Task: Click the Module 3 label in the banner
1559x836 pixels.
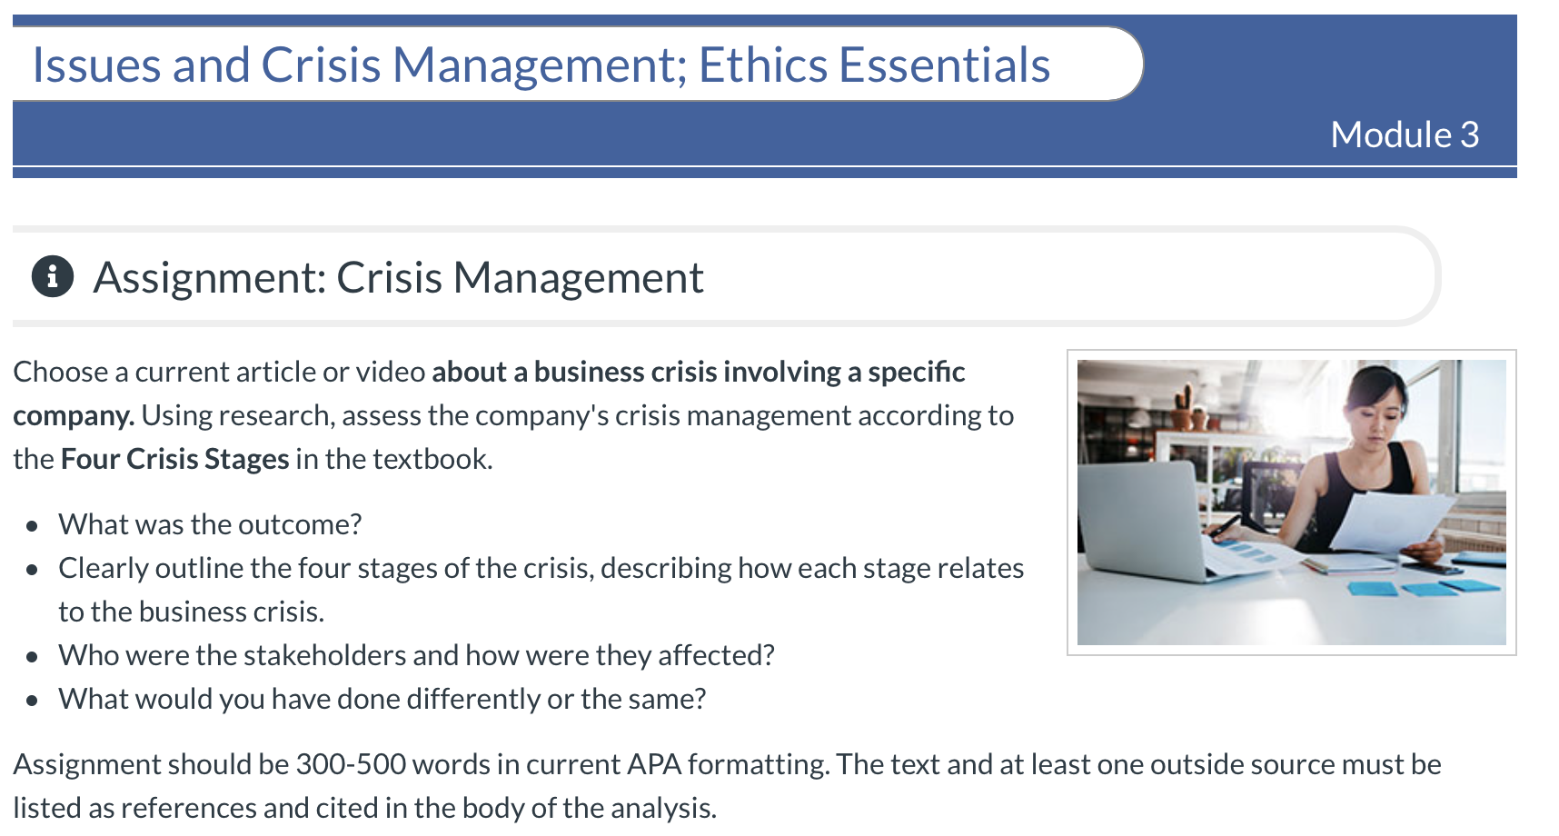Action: (1405, 134)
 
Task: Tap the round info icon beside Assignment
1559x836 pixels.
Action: (53, 276)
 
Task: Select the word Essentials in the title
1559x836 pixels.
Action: (944, 65)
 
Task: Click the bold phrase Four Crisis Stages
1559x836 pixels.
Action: (174, 459)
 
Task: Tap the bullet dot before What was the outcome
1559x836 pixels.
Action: (33, 526)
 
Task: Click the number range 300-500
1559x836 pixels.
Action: (351, 764)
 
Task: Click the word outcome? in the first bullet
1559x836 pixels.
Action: (311, 524)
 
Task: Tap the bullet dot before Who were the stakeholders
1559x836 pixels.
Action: (33, 657)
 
